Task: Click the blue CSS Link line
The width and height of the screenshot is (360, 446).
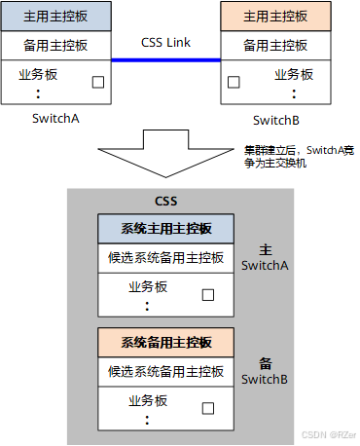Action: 165,60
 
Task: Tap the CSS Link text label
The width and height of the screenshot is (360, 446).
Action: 165,44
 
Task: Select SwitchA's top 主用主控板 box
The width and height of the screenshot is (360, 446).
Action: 56,17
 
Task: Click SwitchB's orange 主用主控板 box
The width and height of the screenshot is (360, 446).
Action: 276,17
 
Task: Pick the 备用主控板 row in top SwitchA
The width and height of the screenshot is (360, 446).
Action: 56,45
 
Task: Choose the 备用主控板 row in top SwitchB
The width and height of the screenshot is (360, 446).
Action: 276,45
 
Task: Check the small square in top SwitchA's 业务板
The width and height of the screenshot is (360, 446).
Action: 97,82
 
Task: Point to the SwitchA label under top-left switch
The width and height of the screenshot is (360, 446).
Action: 56,119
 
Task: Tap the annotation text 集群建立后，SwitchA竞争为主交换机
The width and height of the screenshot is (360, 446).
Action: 297,157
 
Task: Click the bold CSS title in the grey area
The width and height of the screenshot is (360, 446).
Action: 165,201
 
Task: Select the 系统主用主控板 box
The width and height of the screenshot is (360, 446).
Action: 166,229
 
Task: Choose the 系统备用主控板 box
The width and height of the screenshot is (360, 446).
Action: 166,343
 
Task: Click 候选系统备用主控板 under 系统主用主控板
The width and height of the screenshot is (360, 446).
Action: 166,258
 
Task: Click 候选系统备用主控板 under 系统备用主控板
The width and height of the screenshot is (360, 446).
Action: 166,371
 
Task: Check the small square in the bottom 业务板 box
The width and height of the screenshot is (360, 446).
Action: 207,409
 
